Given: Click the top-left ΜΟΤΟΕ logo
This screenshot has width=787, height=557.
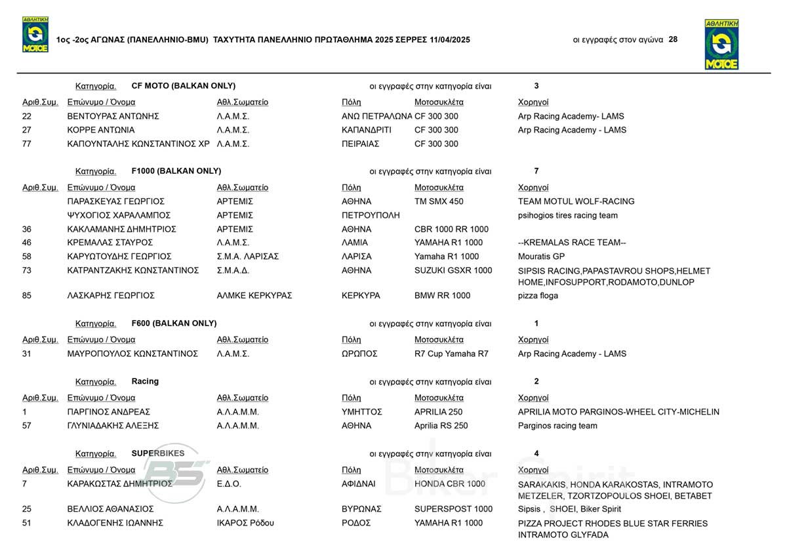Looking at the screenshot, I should pyautogui.click(x=35, y=35).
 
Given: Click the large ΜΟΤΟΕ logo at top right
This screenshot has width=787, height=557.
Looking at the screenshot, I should pyautogui.click(x=721, y=44).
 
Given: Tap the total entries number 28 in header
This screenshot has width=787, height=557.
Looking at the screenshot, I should pyautogui.click(x=673, y=39).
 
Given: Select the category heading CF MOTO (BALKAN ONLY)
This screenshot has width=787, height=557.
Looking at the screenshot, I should pyautogui.click(x=184, y=86).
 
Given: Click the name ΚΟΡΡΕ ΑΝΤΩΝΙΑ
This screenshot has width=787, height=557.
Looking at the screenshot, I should pyautogui.click(x=101, y=130).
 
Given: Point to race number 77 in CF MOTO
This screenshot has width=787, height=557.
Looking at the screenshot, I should pyautogui.click(x=27, y=144).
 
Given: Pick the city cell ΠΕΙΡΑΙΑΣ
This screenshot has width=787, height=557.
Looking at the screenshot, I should pyautogui.click(x=361, y=144).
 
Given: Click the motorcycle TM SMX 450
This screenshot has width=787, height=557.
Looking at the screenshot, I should pyautogui.click(x=439, y=201).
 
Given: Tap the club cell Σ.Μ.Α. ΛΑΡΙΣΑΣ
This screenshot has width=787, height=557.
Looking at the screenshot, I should pyautogui.click(x=248, y=257).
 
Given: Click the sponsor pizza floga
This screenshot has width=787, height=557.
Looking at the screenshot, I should pyautogui.click(x=538, y=296).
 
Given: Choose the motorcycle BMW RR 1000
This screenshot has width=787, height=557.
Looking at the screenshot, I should pyautogui.click(x=442, y=296).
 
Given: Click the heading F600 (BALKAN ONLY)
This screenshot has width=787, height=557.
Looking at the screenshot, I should pyautogui.click(x=174, y=323).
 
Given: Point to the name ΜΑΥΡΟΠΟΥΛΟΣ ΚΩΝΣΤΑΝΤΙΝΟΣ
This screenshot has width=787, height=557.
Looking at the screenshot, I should pyautogui.click(x=132, y=354).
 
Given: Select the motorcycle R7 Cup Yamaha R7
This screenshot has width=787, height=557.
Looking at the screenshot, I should pyautogui.click(x=451, y=354).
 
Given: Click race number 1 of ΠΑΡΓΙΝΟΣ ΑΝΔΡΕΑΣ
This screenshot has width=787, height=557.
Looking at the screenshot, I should pyautogui.click(x=25, y=412).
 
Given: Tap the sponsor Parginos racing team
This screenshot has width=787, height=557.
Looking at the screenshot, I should pyautogui.click(x=557, y=426).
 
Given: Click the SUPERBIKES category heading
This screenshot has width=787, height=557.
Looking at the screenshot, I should pyautogui.click(x=158, y=453).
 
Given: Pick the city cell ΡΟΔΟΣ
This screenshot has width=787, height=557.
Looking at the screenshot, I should pyautogui.click(x=357, y=523).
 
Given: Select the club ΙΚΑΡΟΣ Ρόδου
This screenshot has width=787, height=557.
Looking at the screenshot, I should pyautogui.click(x=245, y=523).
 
